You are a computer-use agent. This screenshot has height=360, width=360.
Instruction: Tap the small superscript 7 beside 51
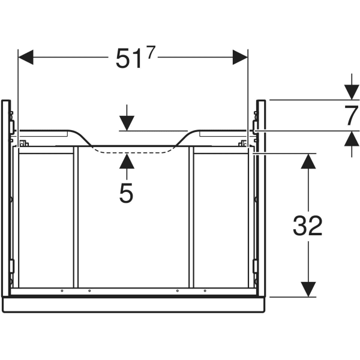click(x=150, y=52)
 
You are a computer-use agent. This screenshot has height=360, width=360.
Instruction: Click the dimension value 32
click(x=308, y=226)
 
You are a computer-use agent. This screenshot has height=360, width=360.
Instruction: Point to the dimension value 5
click(x=126, y=193)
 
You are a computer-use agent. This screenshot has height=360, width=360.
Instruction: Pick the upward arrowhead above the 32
click(x=308, y=161)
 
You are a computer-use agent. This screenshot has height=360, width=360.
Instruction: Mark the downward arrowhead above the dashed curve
click(x=127, y=124)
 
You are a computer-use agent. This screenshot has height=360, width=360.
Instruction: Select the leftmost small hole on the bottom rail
click(x=62, y=291)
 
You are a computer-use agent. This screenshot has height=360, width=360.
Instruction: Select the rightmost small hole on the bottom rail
click(x=205, y=291)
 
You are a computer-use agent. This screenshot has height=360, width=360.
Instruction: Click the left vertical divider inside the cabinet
click(x=76, y=216)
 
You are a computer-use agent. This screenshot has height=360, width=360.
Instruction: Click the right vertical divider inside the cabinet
click(x=191, y=216)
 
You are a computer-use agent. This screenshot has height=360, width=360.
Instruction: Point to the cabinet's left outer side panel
click(x=5, y=198)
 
